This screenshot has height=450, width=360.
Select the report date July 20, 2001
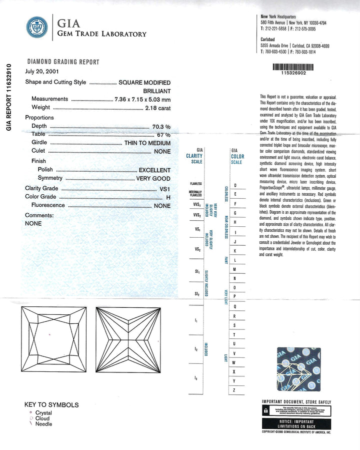[x=42, y=72]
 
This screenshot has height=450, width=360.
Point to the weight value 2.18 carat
[x=157, y=107]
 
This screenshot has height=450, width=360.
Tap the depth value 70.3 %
[x=161, y=126]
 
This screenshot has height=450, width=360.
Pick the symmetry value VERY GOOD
[x=153, y=179]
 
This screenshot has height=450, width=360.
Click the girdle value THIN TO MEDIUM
[x=147, y=143]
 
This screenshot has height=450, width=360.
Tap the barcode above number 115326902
[x=292, y=66]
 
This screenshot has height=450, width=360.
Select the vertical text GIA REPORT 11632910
[x=8, y=96]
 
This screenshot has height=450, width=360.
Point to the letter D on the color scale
[x=235, y=186]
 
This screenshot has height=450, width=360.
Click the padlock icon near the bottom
[x=265, y=410]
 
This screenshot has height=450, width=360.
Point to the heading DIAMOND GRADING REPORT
[x=63, y=62]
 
